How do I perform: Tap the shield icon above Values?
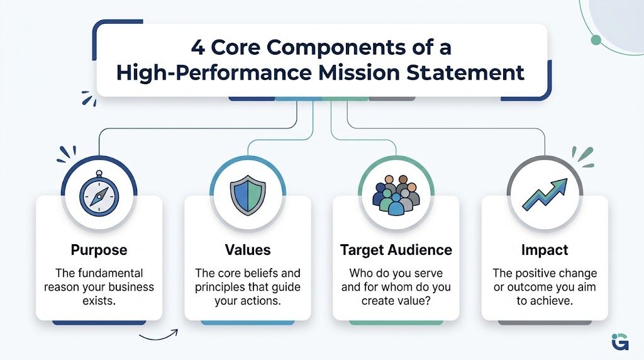click(x=247, y=194)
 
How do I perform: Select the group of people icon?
click(x=396, y=194)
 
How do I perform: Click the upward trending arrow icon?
click(x=544, y=194)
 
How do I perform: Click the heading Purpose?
click(x=99, y=250)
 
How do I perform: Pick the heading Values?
click(x=247, y=250)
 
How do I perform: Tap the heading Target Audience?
click(x=396, y=250)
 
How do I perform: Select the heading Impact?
click(x=544, y=250)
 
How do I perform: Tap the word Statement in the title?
click(x=473, y=72)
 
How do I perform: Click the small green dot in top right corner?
click(x=596, y=40)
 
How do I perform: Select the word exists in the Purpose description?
click(x=99, y=301)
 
